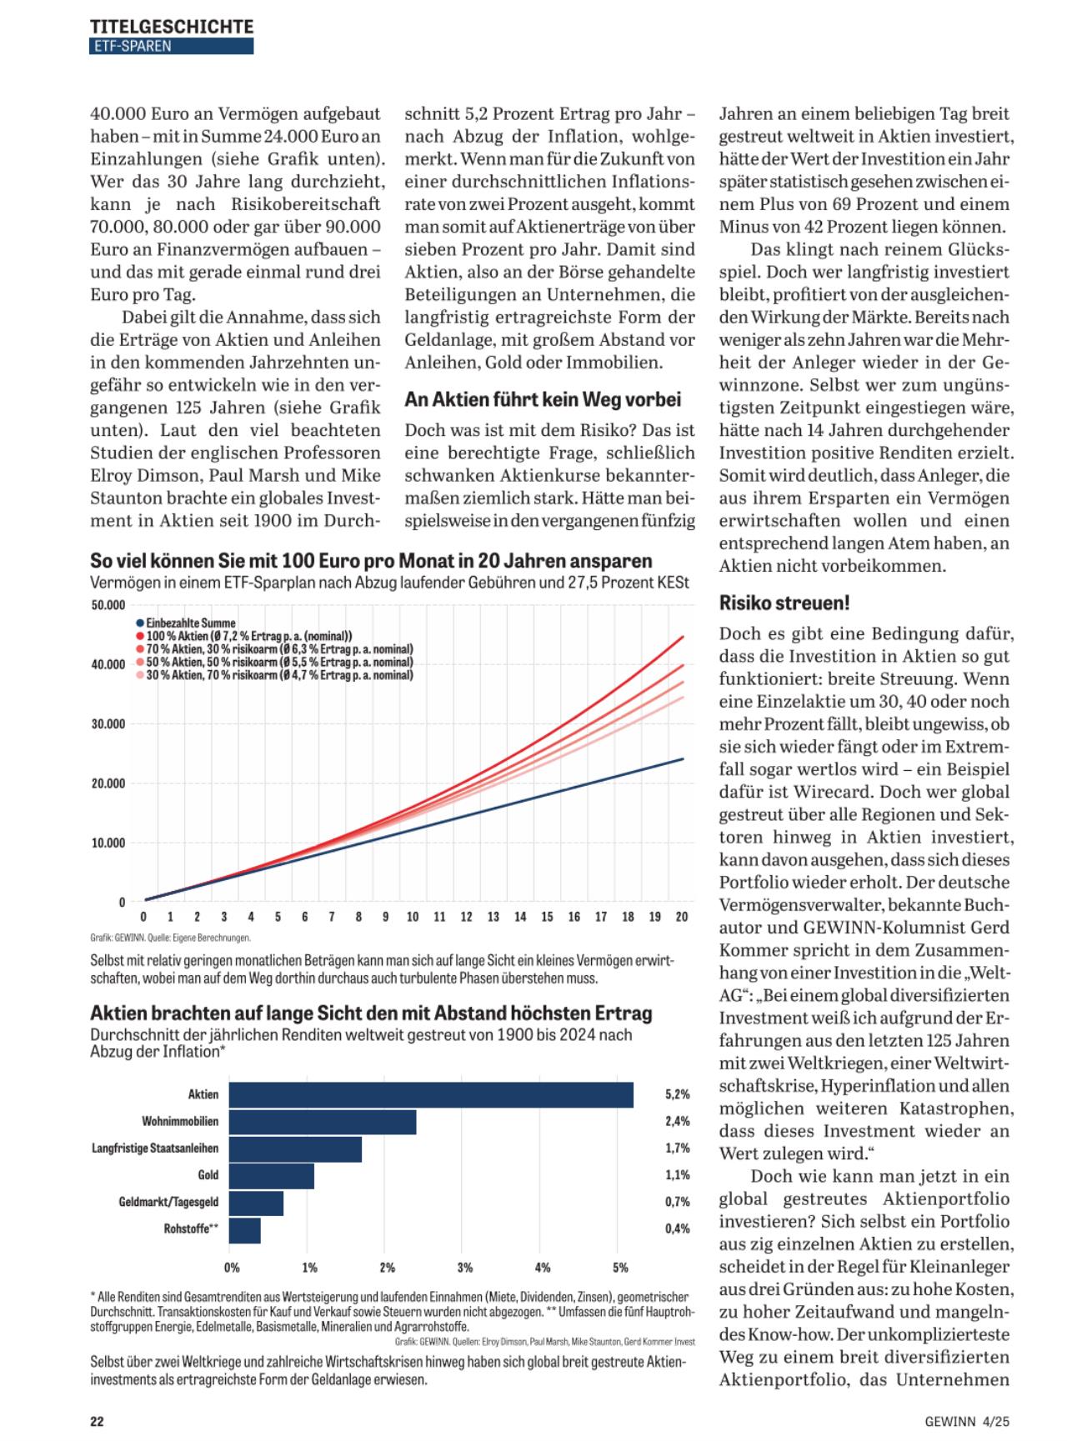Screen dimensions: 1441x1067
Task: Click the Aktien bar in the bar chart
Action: pos(431,1094)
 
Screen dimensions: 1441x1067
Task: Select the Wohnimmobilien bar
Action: pos(323,1122)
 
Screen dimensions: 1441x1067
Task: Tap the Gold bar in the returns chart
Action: pos(272,1175)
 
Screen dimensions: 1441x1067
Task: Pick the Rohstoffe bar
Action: pos(245,1229)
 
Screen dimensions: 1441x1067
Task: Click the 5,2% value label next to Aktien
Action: pos(677,1094)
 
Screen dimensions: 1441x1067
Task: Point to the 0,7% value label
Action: pos(677,1202)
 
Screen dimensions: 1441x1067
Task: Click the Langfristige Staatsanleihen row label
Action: pos(155,1148)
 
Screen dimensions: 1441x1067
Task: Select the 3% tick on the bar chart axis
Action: pos(465,1268)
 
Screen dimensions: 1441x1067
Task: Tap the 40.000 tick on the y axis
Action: pos(108,664)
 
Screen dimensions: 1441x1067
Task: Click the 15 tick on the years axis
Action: pos(547,917)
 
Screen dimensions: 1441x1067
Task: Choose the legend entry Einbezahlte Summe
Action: pos(190,623)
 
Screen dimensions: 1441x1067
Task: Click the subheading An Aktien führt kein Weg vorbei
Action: pos(543,400)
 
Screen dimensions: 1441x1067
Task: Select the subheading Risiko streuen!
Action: pos(784,603)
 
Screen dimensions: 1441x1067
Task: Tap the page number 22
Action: pos(97,1421)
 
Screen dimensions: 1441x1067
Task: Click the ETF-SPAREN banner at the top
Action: pos(171,47)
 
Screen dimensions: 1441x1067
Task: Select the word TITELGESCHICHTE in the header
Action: pos(171,27)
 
